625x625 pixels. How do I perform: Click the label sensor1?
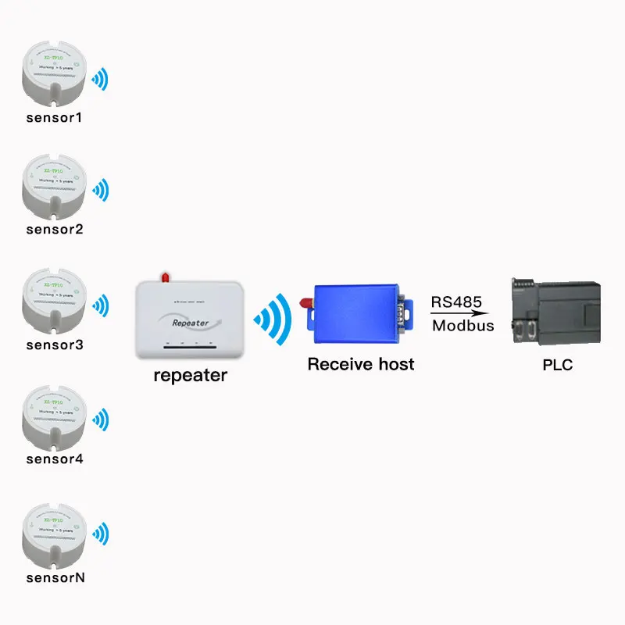click(x=54, y=119)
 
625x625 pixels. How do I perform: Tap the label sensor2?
click(x=54, y=230)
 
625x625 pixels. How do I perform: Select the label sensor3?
click(x=54, y=345)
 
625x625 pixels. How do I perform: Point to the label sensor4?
click(x=54, y=459)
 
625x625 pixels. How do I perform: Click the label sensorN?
click(x=55, y=578)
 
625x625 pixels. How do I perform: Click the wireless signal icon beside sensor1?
click(x=101, y=78)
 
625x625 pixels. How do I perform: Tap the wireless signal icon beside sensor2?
click(x=101, y=190)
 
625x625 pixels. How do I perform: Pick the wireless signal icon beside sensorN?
click(x=101, y=535)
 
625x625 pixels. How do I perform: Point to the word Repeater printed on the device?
click(x=187, y=322)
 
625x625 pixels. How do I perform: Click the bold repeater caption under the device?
click(x=190, y=375)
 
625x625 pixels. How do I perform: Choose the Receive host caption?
click(x=361, y=364)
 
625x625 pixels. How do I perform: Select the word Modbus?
click(x=462, y=326)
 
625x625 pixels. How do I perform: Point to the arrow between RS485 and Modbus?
click(x=453, y=314)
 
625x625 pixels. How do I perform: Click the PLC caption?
click(x=557, y=364)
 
